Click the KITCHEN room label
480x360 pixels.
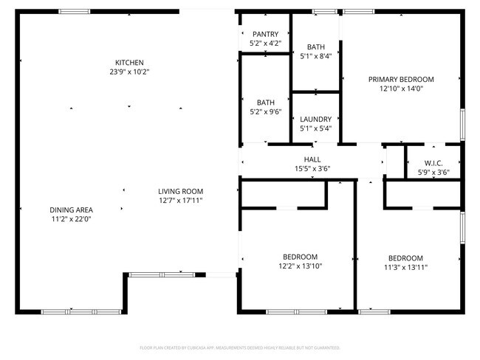pos(129,63)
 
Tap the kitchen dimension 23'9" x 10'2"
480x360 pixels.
pos(129,72)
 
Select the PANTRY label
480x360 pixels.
pos(265,35)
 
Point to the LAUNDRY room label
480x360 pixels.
pos(315,119)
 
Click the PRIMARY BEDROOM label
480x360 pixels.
pos(401,79)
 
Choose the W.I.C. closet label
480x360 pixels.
pos(433,163)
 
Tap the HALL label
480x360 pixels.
pos(312,159)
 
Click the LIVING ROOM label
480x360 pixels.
pos(180,191)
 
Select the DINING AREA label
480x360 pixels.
pos(72,210)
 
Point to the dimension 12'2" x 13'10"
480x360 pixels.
pos(300,266)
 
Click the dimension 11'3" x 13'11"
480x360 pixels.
pos(406,268)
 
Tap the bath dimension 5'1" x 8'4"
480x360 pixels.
pos(315,56)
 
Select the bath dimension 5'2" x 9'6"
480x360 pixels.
pos(265,112)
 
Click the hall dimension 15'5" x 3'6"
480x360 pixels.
pos(312,168)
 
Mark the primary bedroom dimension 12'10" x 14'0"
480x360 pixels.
pos(401,89)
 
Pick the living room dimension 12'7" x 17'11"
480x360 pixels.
pos(180,201)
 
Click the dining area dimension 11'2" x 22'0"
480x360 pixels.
pos(72,219)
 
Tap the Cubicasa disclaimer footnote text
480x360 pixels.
pos(239,347)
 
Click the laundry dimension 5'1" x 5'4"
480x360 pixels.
pos(315,128)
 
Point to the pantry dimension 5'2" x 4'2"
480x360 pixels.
pos(265,44)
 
